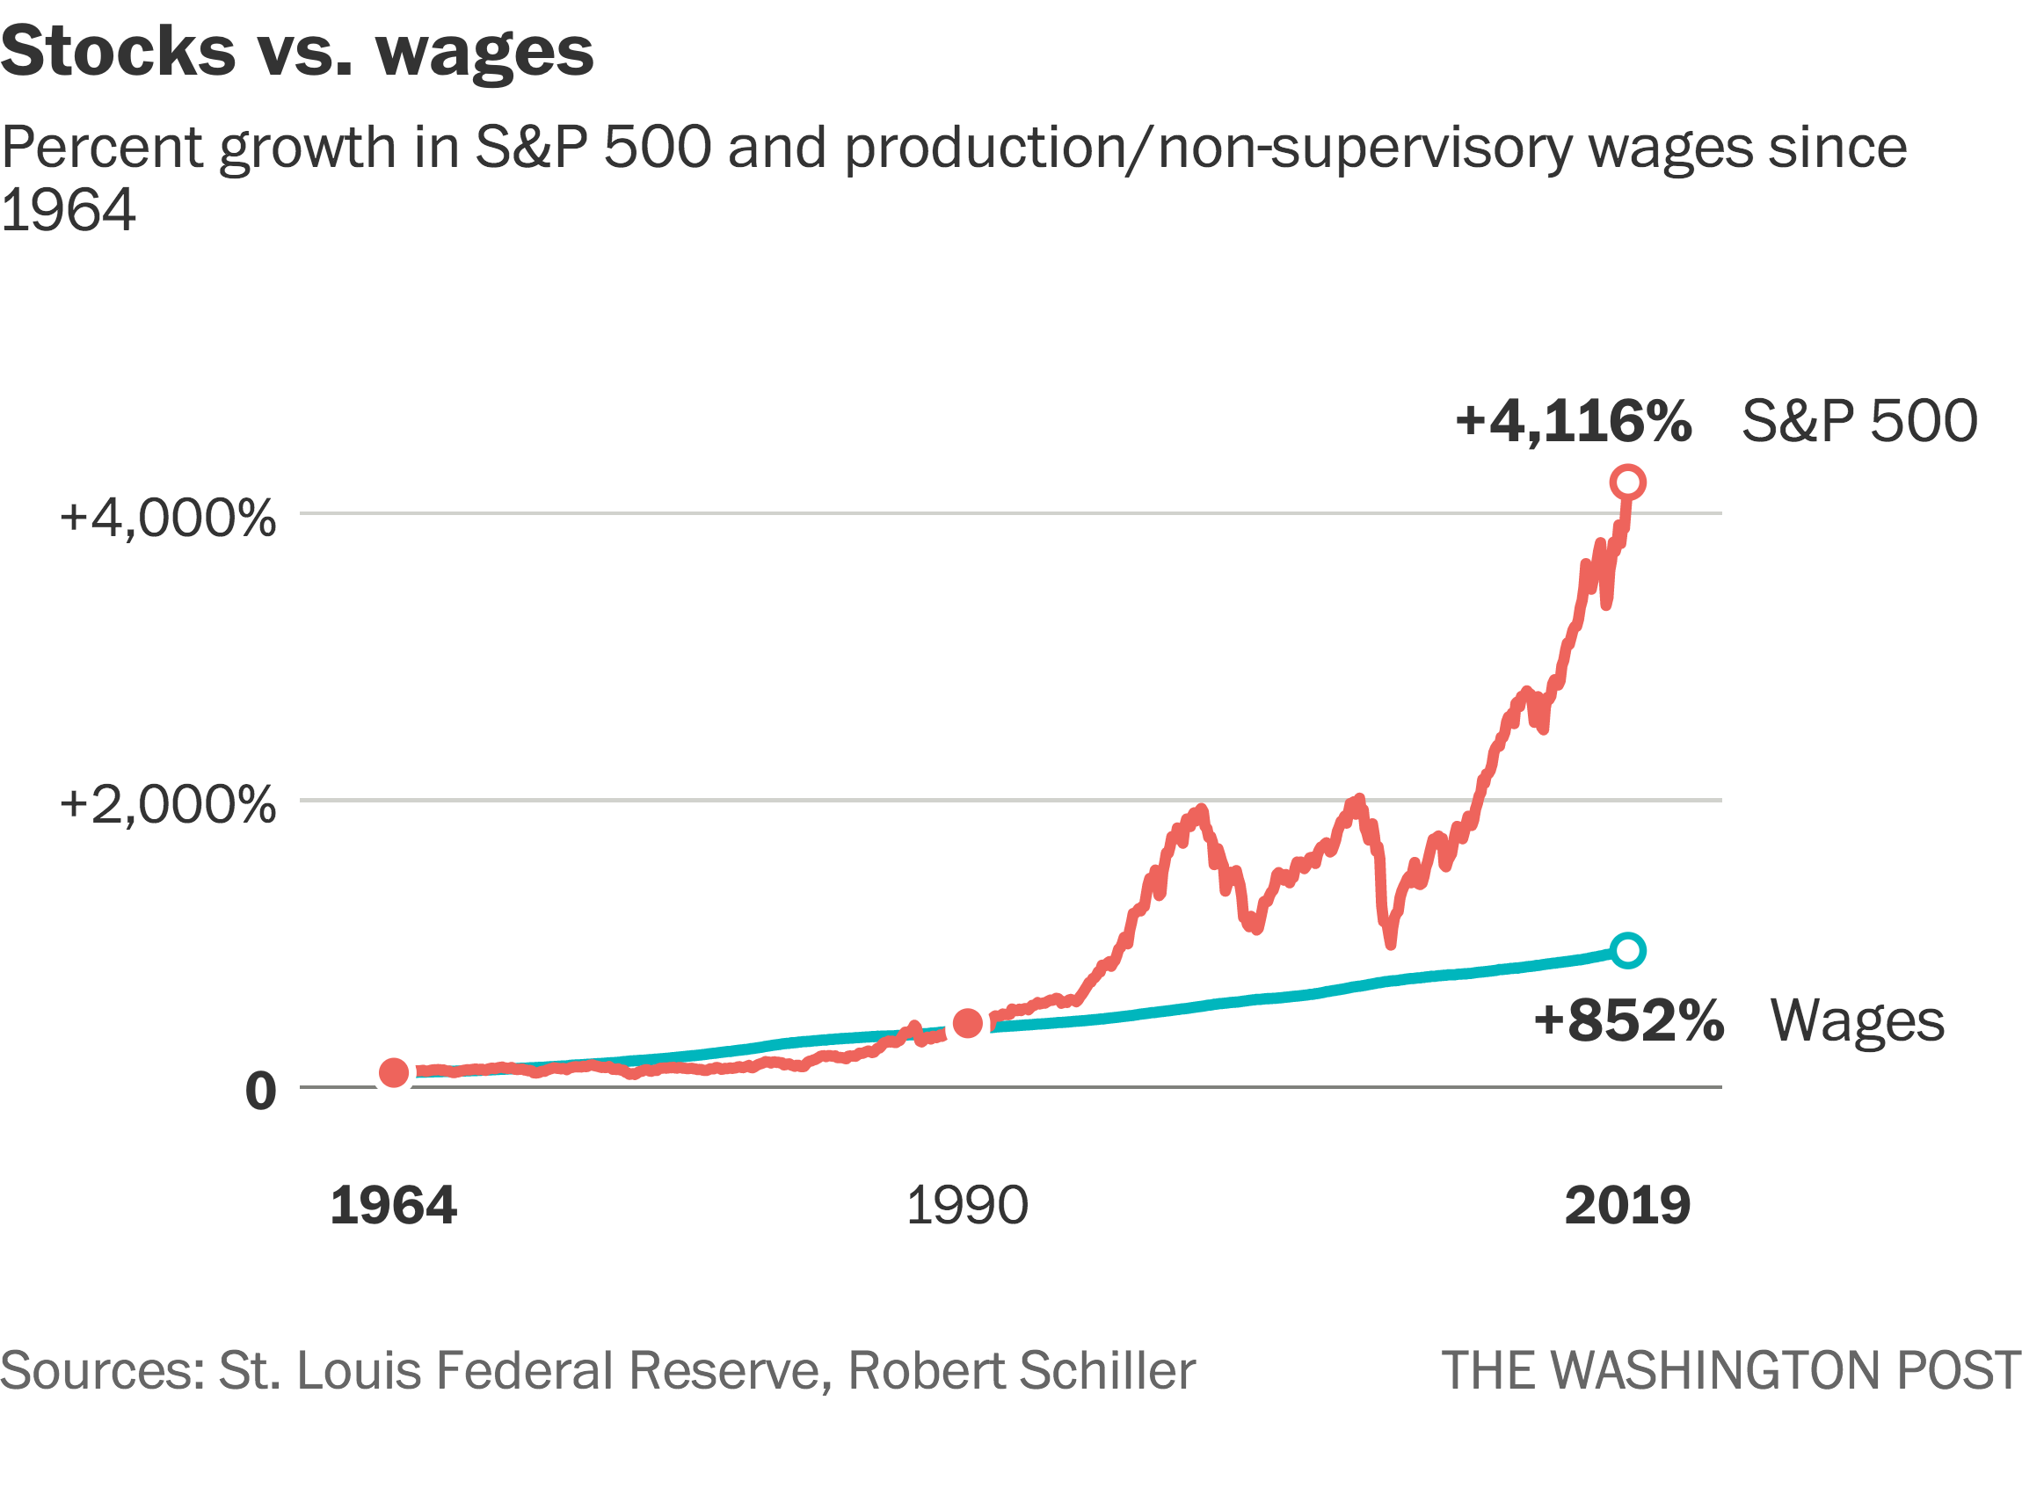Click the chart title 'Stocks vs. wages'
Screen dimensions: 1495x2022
297,52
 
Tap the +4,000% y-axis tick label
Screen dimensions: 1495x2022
167,519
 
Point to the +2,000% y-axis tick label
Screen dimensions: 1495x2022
167,804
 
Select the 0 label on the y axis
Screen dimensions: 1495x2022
261,1092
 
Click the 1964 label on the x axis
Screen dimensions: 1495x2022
393,1206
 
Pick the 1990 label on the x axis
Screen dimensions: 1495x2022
967,1206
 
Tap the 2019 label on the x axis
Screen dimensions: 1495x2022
1627,1206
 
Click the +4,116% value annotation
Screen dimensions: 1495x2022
1573,422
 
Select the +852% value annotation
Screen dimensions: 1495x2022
1628,1020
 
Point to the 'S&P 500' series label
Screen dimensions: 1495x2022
1859,422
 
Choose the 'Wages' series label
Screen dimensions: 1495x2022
1858,1020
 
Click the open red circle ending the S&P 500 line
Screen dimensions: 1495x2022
1627,483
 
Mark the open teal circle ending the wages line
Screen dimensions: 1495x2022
1627,950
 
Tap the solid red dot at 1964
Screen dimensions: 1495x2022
394,1072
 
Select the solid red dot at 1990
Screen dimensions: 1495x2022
968,1024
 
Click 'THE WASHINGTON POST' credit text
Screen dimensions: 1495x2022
1730,1371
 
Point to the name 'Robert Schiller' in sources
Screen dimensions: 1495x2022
1021,1371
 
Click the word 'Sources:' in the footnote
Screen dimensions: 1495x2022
102,1371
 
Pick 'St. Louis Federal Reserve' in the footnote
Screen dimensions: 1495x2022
520,1371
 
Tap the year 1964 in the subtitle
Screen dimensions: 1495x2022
68,210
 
